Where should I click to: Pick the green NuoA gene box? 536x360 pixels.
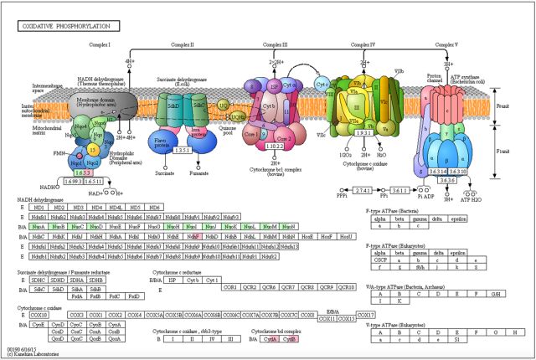[x=37, y=227]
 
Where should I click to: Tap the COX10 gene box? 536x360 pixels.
[x=37, y=315]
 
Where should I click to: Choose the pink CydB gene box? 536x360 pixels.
[x=289, y=340]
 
